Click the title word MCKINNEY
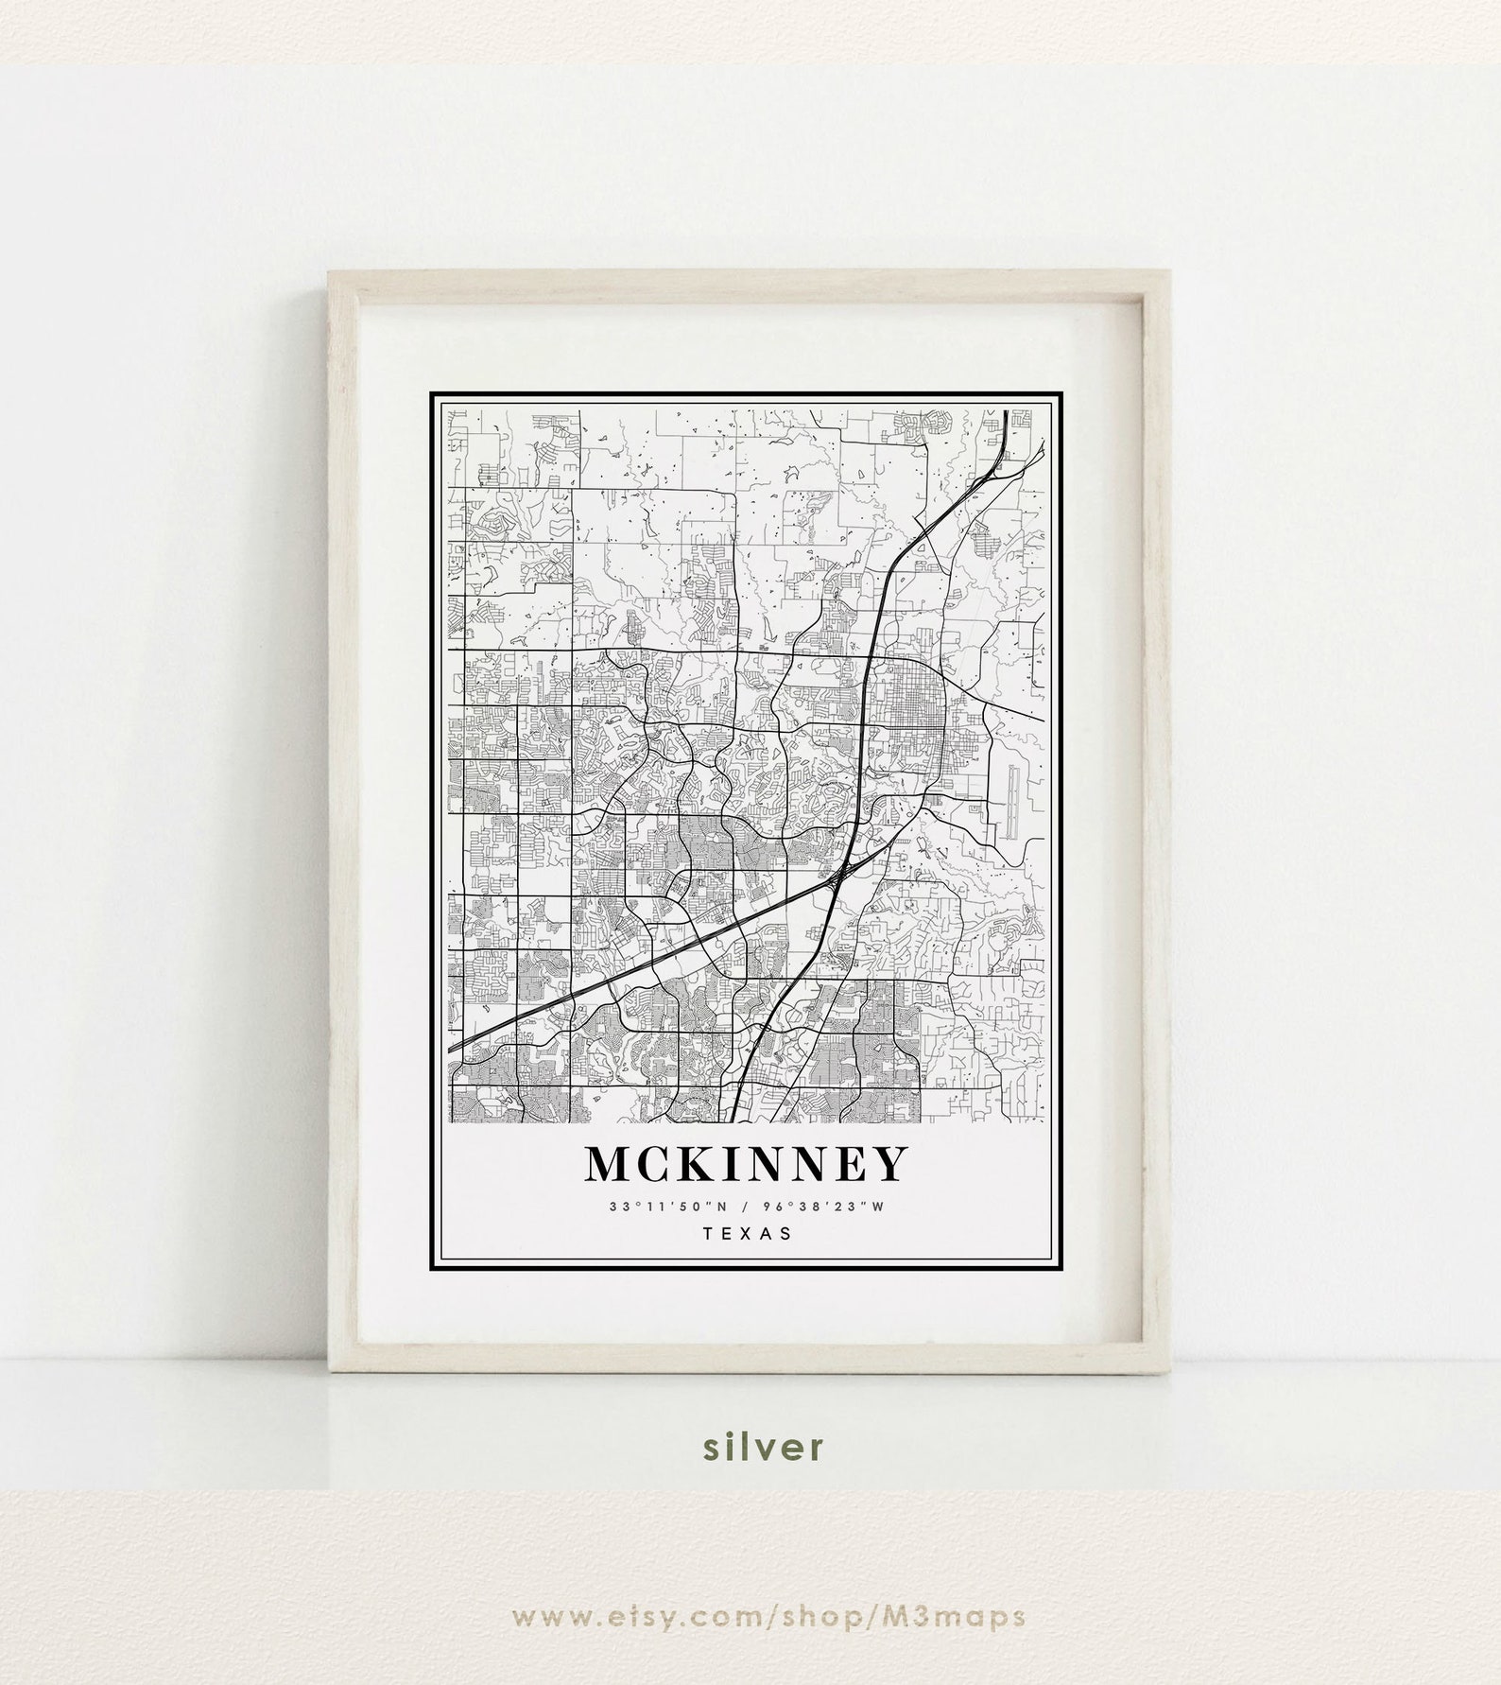coord(746,1164)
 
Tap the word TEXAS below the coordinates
coord(746,1233)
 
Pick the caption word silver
coord(750,1471)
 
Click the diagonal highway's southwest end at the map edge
coord(451,1048)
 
